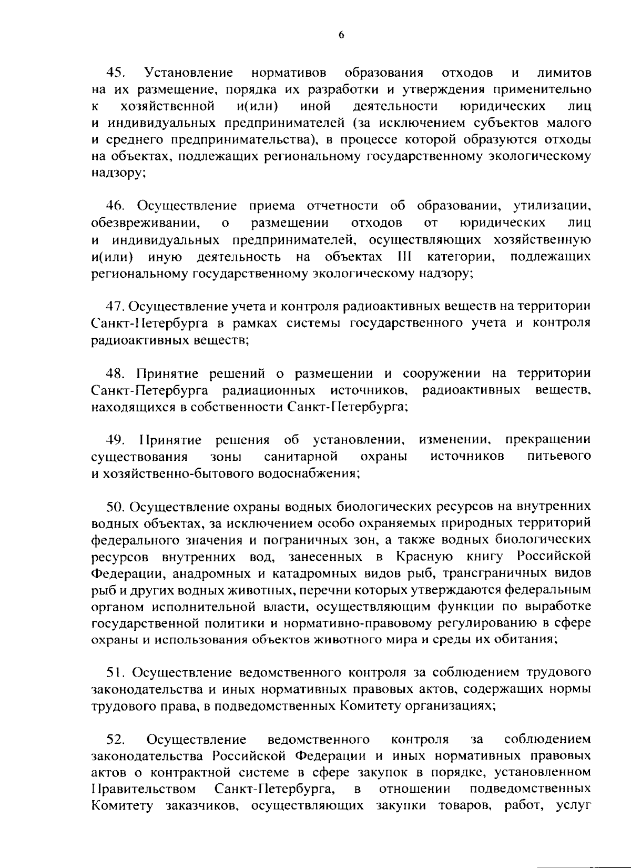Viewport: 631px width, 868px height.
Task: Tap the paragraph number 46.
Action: click(115, 206)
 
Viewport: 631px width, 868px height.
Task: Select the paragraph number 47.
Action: click(115, 306)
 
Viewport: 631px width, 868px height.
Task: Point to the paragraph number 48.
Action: click(115, 374)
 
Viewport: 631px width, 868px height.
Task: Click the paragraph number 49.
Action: click(115, 439)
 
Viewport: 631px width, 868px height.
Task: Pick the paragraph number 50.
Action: click(115, 507)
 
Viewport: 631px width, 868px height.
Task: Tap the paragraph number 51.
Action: click(115, 672)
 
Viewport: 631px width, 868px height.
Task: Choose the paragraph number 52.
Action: click(115, 740)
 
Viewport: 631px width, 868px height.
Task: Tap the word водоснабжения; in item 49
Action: click(308, 472)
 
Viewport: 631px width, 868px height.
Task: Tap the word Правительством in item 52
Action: click(144, 789)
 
